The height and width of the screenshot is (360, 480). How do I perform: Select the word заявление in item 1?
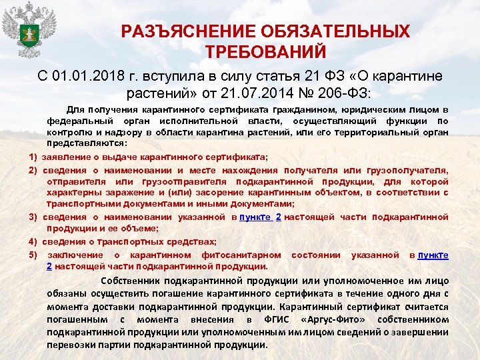(66, 157)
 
